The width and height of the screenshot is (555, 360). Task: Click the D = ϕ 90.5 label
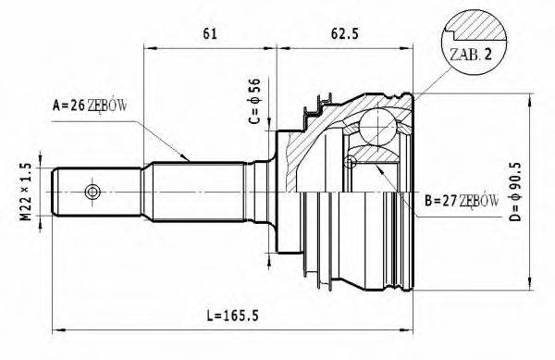(x=519, y=190)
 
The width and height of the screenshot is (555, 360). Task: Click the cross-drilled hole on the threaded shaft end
(x=91, y=192)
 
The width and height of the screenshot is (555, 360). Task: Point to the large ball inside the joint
(x=377, y=124)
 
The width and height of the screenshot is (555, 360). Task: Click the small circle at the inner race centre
(x=349, y=164)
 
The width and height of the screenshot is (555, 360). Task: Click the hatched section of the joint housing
(x=305, y=148)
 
